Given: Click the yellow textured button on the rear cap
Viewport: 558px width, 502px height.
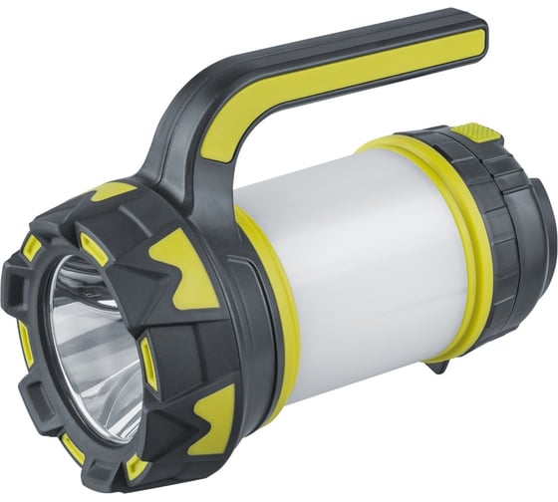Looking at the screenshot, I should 468,131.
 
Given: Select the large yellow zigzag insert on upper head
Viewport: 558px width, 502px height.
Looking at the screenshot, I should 184,269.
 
